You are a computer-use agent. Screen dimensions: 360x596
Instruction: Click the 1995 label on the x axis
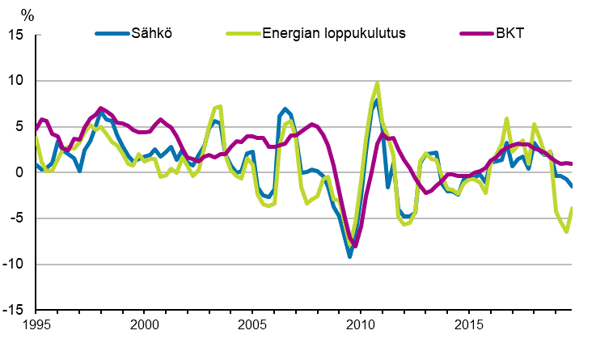[x=36, y=324]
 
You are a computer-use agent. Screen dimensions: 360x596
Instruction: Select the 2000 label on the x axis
[x=144, y=324]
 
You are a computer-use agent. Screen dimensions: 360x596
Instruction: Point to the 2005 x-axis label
[x=252, y=324]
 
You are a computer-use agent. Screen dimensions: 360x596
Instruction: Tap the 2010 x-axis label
[x=359, y=324]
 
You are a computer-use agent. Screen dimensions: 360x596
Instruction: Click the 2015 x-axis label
[x=467, y=324]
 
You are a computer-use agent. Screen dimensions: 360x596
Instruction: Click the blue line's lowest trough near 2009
[x=349, y=256]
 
